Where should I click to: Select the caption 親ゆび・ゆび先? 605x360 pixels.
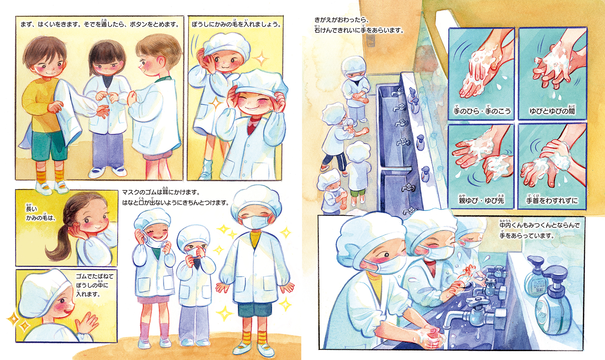coord(481,200)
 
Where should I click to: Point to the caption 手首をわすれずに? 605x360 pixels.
coord(552,200)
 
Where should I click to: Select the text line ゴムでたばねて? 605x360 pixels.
coord(94,276)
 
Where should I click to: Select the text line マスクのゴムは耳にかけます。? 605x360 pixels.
coord(161,192)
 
